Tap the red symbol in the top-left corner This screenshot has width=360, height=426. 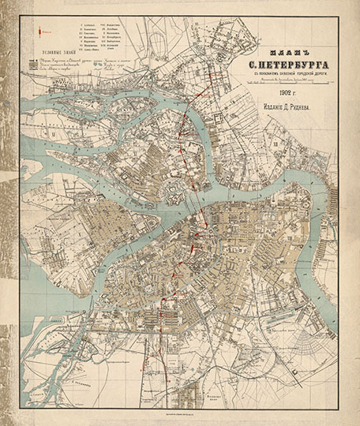pyautogui.click(x=43, y=31)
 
